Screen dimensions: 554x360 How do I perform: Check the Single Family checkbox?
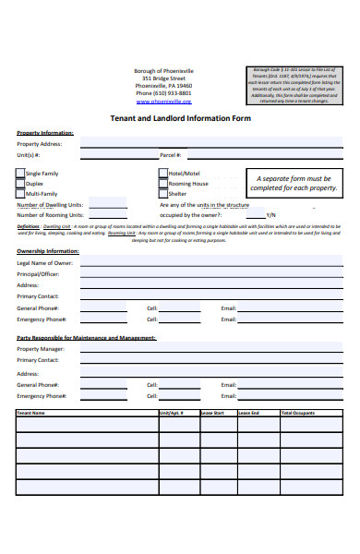(21, 173)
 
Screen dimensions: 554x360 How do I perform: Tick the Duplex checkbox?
(21, 183)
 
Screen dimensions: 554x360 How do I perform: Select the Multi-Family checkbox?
(21, 194)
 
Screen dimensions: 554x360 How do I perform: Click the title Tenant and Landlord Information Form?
(180, 118)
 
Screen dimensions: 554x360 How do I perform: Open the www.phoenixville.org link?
(165, 102)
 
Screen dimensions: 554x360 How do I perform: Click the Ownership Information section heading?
(48, 250)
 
